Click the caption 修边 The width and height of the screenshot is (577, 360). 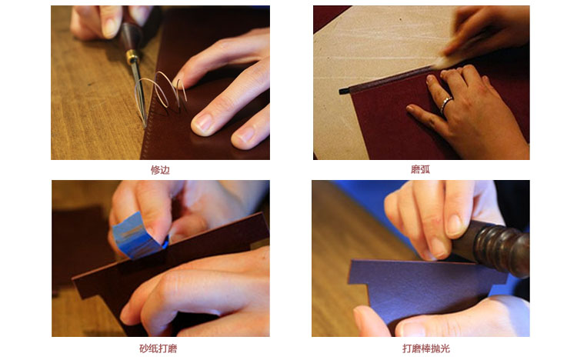pos(160,170)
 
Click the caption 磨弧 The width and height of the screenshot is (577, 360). pos(420,169)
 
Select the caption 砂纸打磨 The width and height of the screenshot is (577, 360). pos(158,348)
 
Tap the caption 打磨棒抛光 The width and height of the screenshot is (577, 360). pos(425,348)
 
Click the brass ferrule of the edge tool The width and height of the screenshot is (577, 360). pos(132,56)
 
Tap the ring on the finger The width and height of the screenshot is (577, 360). pos(445,104)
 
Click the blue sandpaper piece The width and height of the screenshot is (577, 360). pos(138,235)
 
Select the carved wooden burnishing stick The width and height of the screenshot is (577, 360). pos(493,248)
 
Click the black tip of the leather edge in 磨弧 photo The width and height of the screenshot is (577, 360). pos(344,91)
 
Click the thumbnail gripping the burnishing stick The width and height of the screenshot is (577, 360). pos(454,225)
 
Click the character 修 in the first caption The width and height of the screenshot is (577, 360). pos(155,170)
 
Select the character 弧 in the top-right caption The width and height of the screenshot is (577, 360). pos(425,169)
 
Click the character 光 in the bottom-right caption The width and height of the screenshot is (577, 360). pos(445,348)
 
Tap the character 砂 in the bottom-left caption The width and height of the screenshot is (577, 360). pos(144,348)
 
